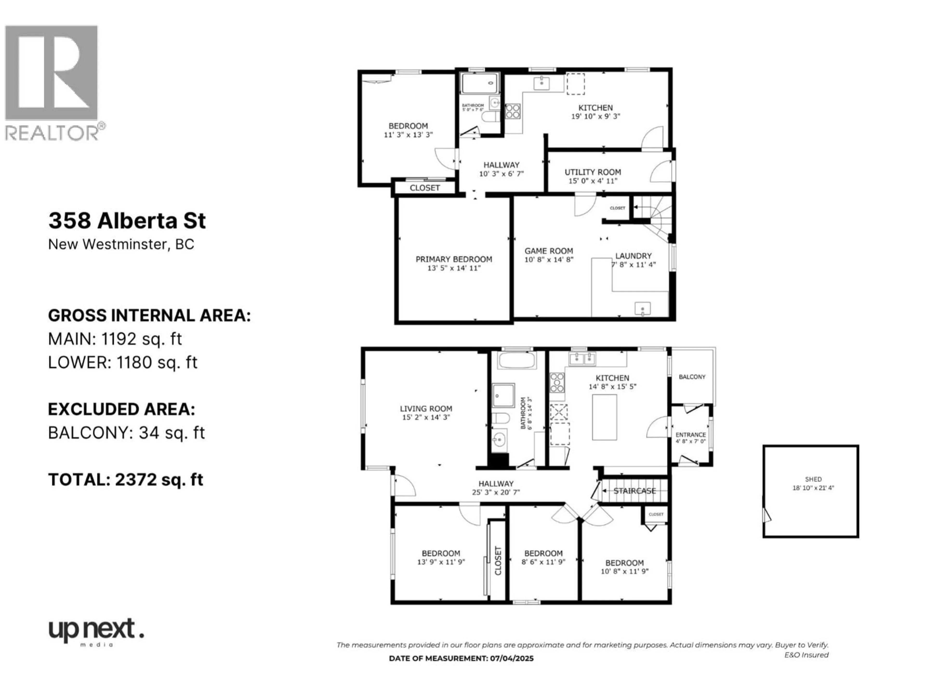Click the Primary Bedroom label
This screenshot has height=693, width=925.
click(454, 259)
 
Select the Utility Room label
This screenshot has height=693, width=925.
click(593, 172)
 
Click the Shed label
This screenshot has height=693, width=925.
click(813, 479)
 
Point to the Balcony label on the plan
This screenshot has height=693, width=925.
click(692, 377)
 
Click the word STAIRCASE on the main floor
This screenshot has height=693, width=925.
click(634, 491)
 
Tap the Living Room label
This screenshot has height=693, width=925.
click(426, 409)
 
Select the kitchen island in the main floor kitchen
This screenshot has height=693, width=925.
click(604, 417)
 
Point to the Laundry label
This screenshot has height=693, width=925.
click(633, 256)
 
